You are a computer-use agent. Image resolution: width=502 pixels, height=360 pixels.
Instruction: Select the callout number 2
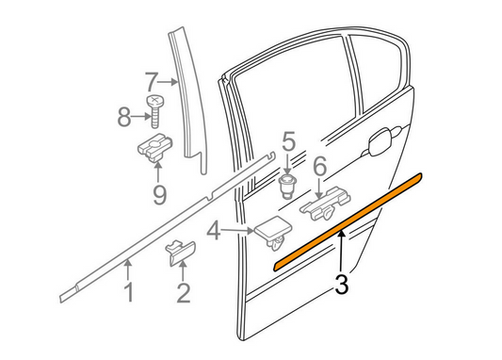tap(183, 293)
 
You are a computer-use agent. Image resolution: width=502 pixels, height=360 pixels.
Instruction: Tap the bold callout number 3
tap(343, 282)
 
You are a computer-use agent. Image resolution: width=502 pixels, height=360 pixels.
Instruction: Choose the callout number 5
tap(287, 143)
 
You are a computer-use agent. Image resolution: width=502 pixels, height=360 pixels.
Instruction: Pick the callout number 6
tap(319, 168)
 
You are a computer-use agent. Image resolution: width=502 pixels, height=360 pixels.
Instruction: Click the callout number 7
tap(152, 81)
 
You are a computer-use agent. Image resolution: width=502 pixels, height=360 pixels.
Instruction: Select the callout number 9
tap(158, 194)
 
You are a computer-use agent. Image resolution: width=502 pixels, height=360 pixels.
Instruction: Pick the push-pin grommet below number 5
tap(288, 183)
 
